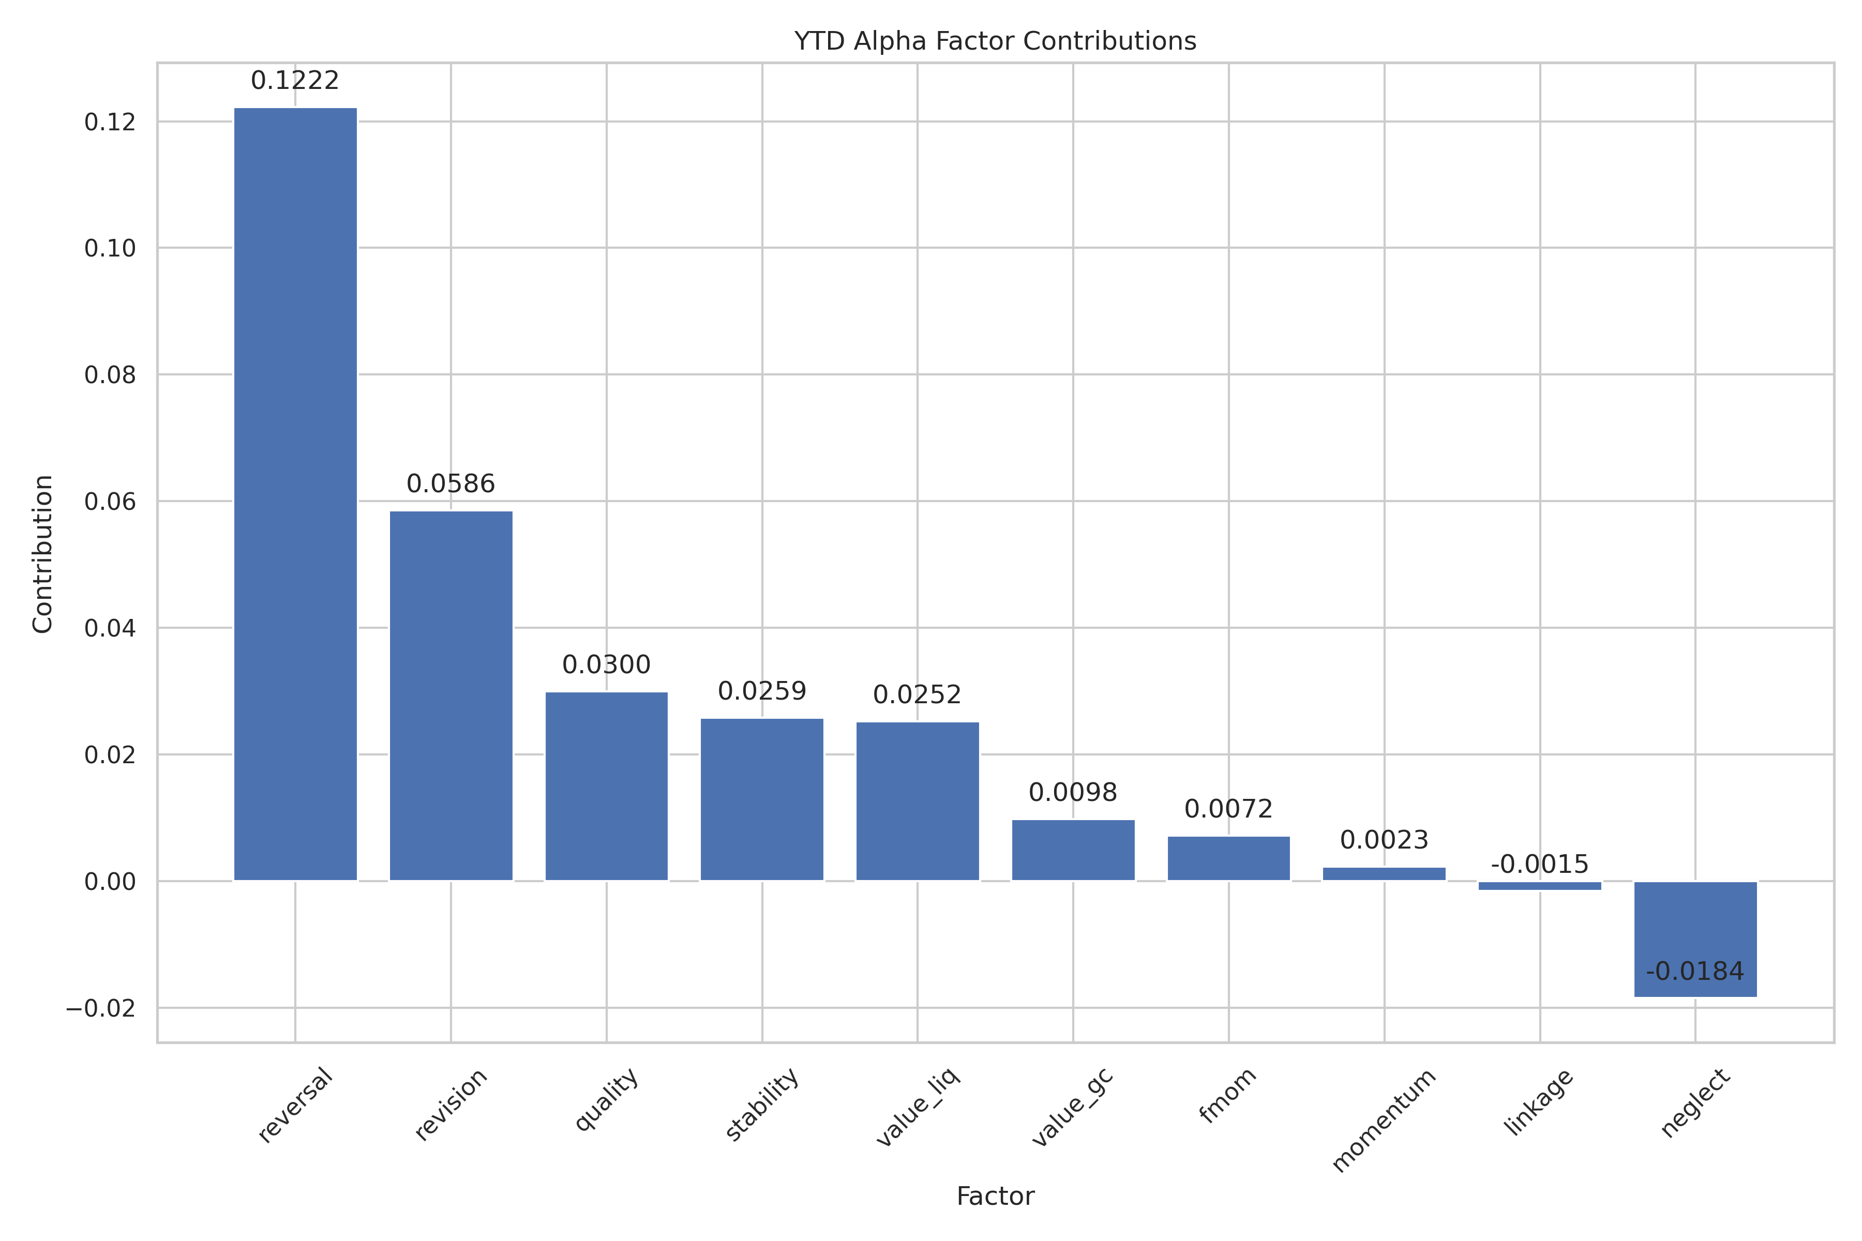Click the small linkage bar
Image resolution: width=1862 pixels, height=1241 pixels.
[x=1540, y=886]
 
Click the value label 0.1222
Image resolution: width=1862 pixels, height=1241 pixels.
[x=295, y=81]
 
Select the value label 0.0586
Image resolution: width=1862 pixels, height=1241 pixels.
[x=451, y=485]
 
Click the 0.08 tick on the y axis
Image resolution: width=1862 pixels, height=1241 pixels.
[x=110, y=375]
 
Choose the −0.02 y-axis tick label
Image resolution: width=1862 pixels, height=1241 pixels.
[x=100, y=1008]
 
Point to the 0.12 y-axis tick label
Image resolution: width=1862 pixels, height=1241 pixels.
[x=110, y=122]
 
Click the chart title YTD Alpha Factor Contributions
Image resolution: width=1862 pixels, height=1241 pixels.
[x=995, y=41]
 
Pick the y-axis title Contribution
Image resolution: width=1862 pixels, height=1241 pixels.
[x=43, y=553]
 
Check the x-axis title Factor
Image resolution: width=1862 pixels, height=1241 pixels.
[x=995, y=1196]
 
